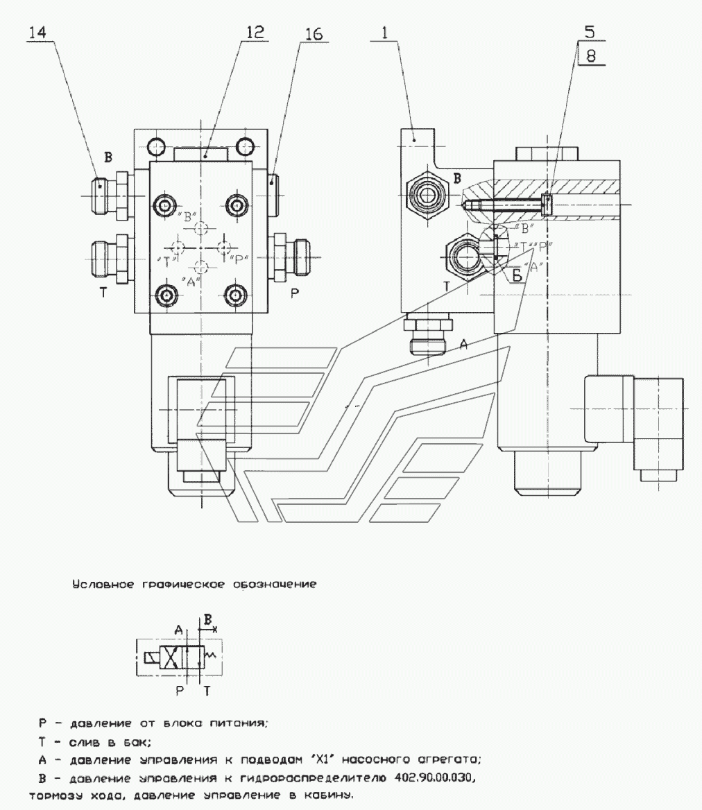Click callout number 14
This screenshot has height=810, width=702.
coord(40,33)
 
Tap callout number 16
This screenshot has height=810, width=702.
coord(314,34)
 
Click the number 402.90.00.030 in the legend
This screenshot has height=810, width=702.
coord(431,780)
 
